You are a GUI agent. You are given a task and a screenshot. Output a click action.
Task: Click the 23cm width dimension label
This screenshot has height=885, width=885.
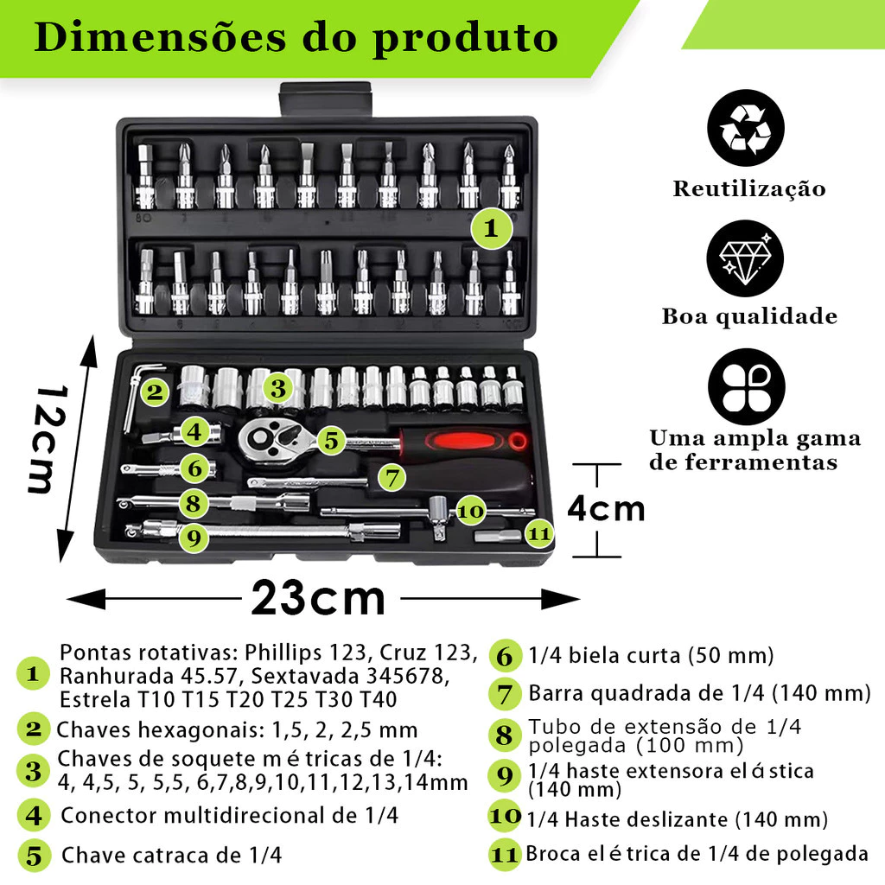tap(318, 598)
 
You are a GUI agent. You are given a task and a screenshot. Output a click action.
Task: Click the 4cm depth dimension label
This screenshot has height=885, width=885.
tap(606, 508)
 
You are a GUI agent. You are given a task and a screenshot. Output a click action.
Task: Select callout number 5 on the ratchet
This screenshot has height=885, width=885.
tap(330, 440)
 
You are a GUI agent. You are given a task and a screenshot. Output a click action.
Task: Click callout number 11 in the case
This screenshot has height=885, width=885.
tap(539, 534)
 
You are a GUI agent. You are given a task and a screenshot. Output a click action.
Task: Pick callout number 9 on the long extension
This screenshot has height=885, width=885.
tap(194, 537)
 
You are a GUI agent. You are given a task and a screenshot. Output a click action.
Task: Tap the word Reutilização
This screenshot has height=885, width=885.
tap(749, 188)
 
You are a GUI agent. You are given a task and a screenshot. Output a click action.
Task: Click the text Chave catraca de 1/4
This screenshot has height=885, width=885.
tap(171, 856)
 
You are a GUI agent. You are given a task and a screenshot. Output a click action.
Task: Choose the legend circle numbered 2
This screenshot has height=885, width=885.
tap(34, 729)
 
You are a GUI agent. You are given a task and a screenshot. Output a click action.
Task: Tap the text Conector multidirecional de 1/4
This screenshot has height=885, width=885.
tap(229, 815)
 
